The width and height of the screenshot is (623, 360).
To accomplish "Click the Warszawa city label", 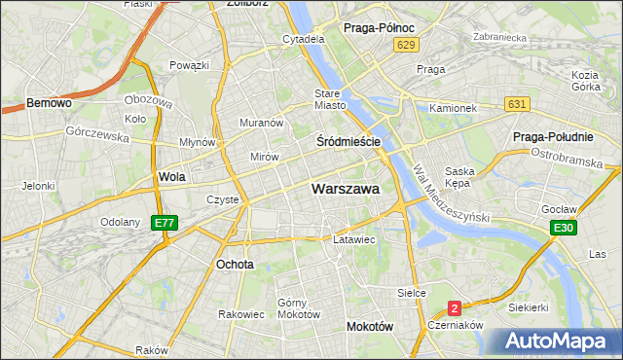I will [346, 189].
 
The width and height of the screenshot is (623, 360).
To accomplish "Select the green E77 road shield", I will [165, 223].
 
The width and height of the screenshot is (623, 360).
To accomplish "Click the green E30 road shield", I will [562, 228].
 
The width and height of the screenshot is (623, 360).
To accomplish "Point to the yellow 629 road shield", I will [408, 45].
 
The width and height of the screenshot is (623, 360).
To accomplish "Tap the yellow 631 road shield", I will [517, 104].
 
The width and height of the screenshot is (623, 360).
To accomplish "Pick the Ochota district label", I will [235, 264].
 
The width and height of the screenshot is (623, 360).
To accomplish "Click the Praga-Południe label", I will [553, 136].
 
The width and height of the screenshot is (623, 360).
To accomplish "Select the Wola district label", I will [171, 177].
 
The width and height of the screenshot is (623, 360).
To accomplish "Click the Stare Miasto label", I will [330, 100].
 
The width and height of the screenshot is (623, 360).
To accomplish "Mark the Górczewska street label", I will [98, 135].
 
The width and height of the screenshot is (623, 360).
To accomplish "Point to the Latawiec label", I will [353, 238].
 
